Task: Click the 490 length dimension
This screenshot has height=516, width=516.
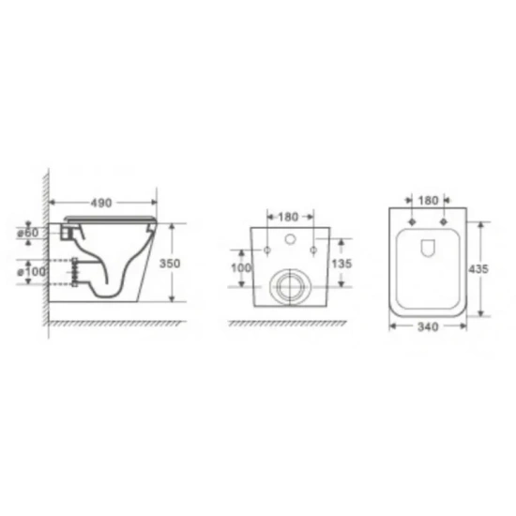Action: (x=102, y=202)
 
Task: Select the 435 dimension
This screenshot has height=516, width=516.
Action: (x=479, y=268)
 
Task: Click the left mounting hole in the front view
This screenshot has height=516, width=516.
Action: (x=268, y=250)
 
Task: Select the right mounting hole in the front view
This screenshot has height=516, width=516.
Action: (x=311, y=250)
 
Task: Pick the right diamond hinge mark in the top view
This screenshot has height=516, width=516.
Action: (x=441, y=223)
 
